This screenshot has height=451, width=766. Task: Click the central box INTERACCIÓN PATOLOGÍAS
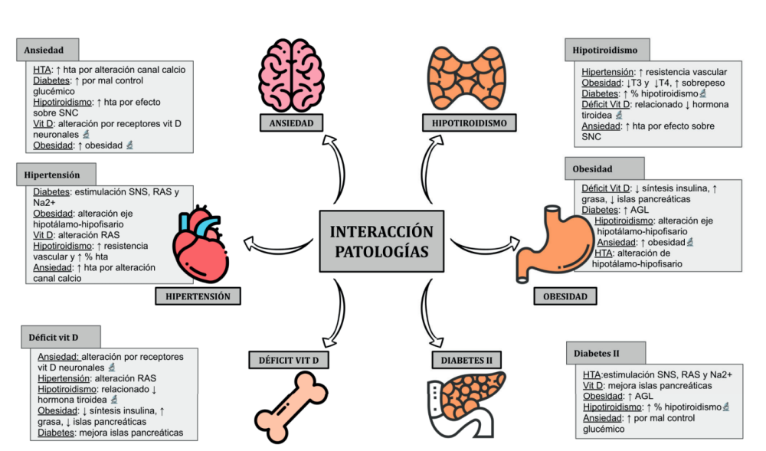[381, 241]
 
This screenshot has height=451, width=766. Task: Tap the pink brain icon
[290, 74]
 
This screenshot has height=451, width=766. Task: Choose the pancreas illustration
[466, 398]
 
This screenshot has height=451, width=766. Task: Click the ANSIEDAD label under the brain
[291, 122]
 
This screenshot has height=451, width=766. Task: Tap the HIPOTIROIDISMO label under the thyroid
[469, 122]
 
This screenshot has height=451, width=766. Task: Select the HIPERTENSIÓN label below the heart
[198, 296]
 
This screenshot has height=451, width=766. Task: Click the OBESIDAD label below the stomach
[565, 296]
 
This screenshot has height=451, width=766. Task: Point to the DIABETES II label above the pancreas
[466, 359]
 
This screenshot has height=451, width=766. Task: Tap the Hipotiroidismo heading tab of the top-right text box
[605, 51]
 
